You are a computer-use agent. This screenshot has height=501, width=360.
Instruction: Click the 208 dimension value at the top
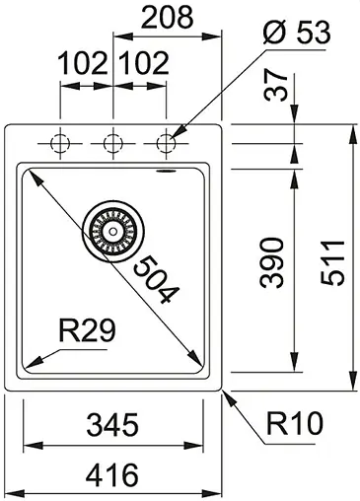165,17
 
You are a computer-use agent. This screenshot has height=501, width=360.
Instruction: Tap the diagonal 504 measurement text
155,278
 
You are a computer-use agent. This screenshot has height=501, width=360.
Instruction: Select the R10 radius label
294,425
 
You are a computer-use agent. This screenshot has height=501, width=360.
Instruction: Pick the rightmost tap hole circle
164,143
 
